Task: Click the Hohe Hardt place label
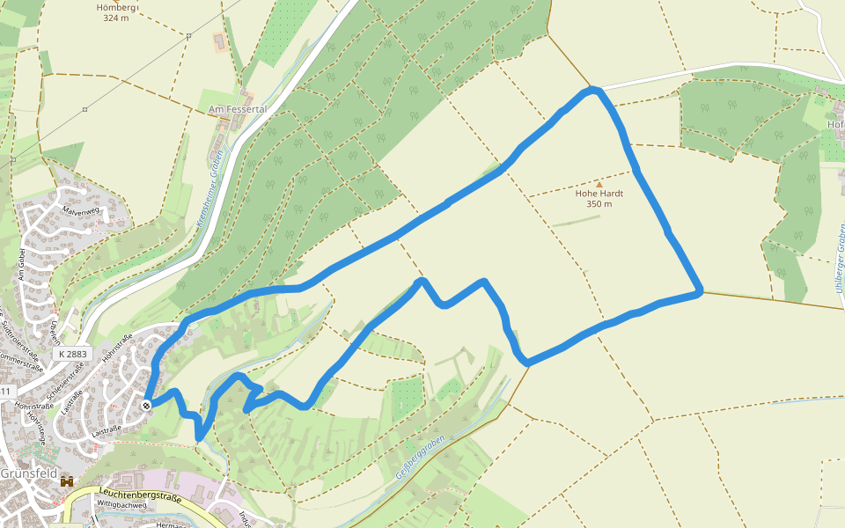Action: [599, 194]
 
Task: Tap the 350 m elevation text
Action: [599, 204]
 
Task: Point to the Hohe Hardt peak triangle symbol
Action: [599, 184]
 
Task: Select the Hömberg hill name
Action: [115, 7]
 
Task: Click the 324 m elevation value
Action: [115, 18]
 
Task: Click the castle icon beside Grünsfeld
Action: [66, 481]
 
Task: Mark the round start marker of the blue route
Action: [145, 405]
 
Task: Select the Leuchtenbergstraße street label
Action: [140, 496]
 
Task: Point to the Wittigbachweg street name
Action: [122, 505]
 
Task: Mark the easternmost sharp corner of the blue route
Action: [701, 291]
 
